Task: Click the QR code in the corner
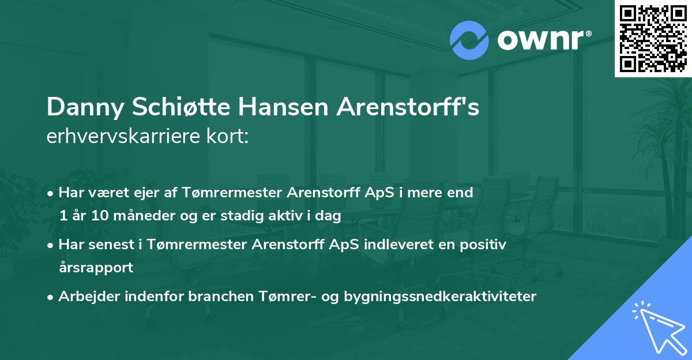tap(653, 38)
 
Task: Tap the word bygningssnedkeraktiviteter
tap(440, 297)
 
